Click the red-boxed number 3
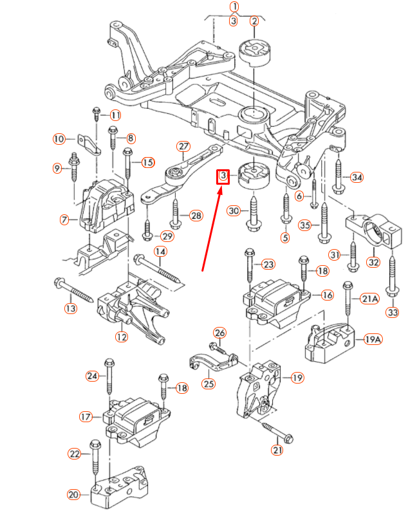tap(223, 176)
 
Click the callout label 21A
tap(369, 299)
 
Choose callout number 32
tap(373, 262)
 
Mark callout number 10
tap(59, 138)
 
